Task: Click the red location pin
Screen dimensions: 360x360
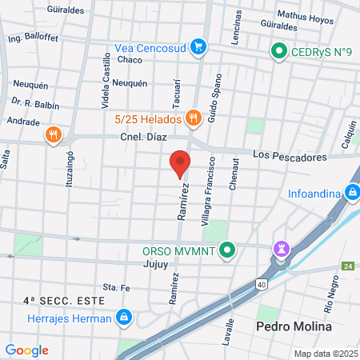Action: point(180,163)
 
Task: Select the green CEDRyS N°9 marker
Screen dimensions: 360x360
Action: point(278,53)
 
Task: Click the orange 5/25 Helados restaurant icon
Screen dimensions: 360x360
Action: point(193,118)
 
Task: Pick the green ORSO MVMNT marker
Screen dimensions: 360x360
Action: point(227,250)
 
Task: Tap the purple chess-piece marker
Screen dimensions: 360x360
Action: point(281,250)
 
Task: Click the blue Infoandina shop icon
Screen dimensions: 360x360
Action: point(351,192)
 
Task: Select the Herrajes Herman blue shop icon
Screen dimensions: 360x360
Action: point(123,318)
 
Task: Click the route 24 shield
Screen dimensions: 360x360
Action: point(346,266)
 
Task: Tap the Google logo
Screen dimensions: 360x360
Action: point(26,350)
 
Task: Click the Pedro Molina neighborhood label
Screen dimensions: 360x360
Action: point(288,327)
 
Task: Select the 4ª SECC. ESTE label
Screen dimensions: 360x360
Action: point(54,302)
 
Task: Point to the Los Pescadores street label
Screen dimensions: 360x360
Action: point(289,155)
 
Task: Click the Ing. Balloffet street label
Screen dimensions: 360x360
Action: point(34,38)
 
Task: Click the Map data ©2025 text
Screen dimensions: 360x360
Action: point(325,354)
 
